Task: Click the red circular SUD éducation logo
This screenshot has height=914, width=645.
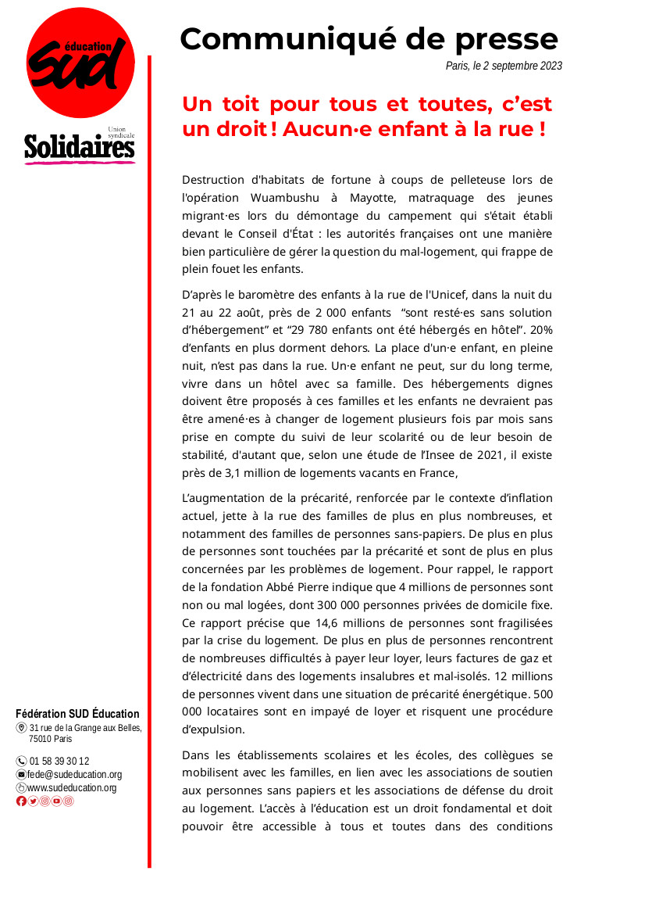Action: coord(80,67)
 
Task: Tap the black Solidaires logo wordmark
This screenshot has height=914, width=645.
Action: coord(80,146)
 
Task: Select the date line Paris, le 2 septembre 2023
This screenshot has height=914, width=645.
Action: coord(504,66)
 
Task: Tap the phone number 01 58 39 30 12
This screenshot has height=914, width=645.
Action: coord(59,761)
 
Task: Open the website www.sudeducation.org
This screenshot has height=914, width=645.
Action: coord(72,787)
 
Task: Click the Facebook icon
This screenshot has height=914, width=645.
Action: coord(21,801)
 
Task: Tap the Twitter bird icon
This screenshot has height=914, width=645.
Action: coord(33,801)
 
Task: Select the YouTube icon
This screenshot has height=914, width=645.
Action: coord(56,801)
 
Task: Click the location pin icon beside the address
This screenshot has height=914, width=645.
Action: coord(21,728)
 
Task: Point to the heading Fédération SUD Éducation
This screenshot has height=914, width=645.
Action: coord(78,713)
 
